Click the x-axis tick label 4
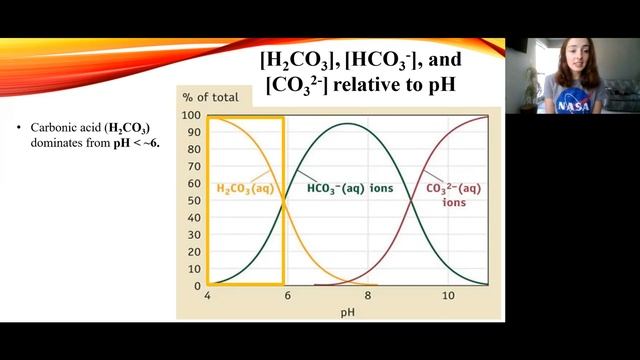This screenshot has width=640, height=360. [207, 297]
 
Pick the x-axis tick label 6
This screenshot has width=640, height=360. [287, 297]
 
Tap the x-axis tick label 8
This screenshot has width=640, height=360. [368, 297]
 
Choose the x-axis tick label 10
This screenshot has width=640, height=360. [448, 297]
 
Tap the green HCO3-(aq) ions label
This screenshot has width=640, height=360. [349, 187]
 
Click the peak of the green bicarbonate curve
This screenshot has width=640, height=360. [347, 124]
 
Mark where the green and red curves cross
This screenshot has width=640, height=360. [412, 201]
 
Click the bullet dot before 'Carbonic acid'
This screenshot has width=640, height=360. [21, 129]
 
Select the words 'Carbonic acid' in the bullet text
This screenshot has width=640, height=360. [61, 129]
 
